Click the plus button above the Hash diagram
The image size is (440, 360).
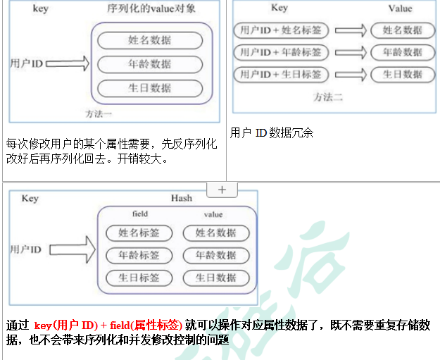click(x=222, y=190)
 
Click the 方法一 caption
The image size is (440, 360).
click(x=99, y=114)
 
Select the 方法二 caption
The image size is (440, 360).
click(x=328, y=97)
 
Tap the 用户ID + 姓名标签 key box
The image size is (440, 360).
click(x=281, y=30)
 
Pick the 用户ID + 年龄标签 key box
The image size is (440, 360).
click(x=281, y=52)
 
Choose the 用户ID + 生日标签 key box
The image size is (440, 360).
click(x=281, y=75)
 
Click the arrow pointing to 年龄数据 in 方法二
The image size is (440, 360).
click(x=351, y=52)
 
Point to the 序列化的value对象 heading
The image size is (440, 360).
click(x=151, y=8)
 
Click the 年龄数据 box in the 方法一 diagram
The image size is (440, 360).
click(x=150, y=64)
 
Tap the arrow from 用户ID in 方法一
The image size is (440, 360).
click(x=68, y=63)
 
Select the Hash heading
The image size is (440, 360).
click(x=182, y=198)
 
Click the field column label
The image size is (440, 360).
click(x=140, y=214)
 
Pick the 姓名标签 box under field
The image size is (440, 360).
click(x=139, y=233)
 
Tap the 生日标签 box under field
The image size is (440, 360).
click(x=139, y=278)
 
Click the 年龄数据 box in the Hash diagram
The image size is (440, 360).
click(x=216, y=256)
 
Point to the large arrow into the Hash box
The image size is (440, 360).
click(x=73, y=249)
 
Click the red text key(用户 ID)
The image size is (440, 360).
click(x=66, y=325)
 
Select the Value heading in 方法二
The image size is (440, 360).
click(x=401, y=8)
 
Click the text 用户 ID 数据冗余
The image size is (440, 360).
click(x=271, y=133)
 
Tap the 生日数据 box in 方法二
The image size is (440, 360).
click(x=403, y=75)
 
